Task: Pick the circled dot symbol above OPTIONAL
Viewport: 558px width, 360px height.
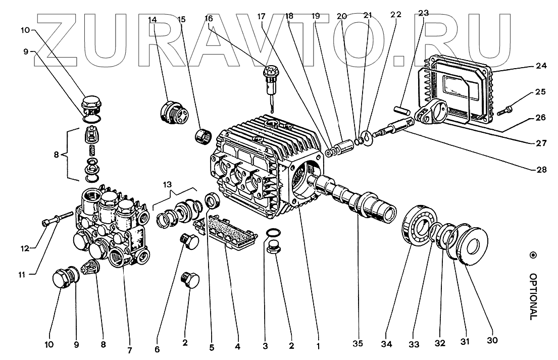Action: pyautogui.click(x=532, y=256)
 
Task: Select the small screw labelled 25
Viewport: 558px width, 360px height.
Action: pyautogui.click(x=507, y=108)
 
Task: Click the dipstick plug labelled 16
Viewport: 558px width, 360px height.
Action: pyautogui.click(x=271, y=82)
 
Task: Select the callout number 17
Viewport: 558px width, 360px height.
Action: pyautogui.click(x=261, y=16)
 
